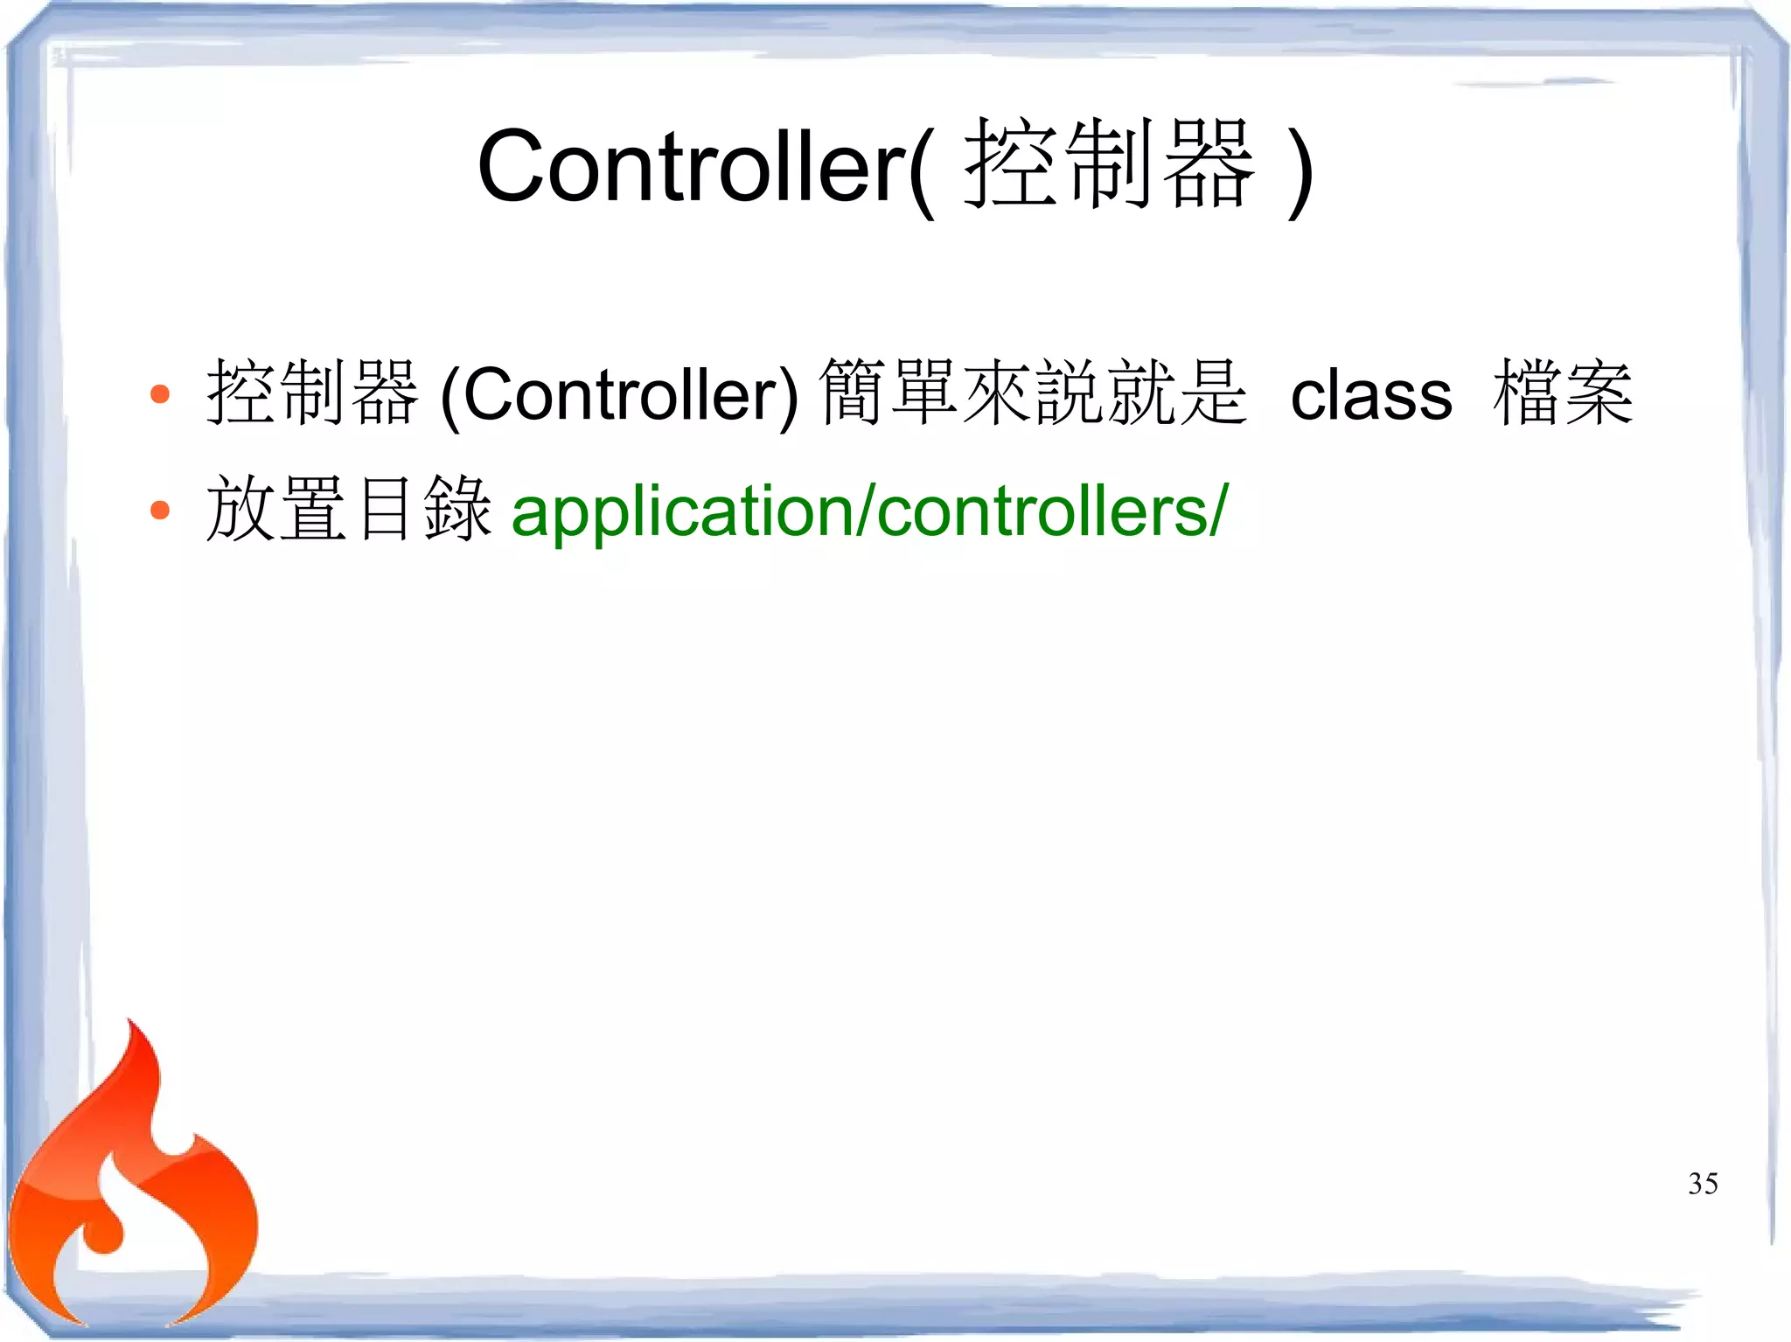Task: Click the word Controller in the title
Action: click(x=691, y=166)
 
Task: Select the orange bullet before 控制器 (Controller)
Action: click(x=159, y=394)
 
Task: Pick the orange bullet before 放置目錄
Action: click(x=159, y=510)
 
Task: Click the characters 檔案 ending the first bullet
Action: click(x=1563, y=393)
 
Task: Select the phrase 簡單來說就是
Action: click(x=1032, y=393)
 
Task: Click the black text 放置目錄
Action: click(x=348, y=510)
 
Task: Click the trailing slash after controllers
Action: click(x=1219, y=511)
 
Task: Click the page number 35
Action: click(x=1703, y=1184)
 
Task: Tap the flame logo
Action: click(x=131, y=1198)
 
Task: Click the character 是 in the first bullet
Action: click(x=1212, y=393)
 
